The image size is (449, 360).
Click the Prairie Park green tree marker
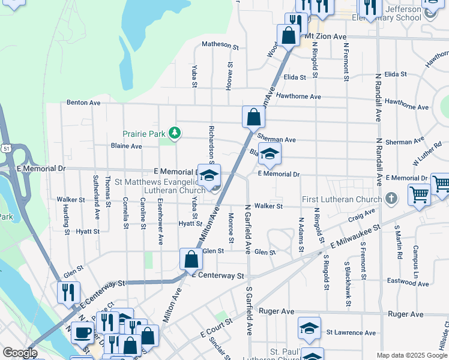pyautogui.click(x=175, y=133)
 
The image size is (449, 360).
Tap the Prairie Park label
pyautogui.click(x=143, y=134)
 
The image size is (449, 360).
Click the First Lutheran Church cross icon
pyautogui.click(x=391, y=199)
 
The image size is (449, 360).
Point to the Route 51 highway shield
pyautogui.click(x=5, y=148)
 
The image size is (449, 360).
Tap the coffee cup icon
pyautogui.click(x=81, y=332)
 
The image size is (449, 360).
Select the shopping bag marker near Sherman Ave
pyautogui.click(x=253, y=116)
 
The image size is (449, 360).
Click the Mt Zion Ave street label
pyautogui.click(x=325, y=37)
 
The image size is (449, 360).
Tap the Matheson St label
pyautogui.click(x=220, y=44)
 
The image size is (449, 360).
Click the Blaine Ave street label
pyautogui.click(x=126, y=146)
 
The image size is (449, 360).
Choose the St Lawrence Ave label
pyautogui.click(x=351, y=332)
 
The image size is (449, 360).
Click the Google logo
pyautogui.click(x=20, y=353)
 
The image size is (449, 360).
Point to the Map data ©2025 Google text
pyautogui.click(x=412, y=355)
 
